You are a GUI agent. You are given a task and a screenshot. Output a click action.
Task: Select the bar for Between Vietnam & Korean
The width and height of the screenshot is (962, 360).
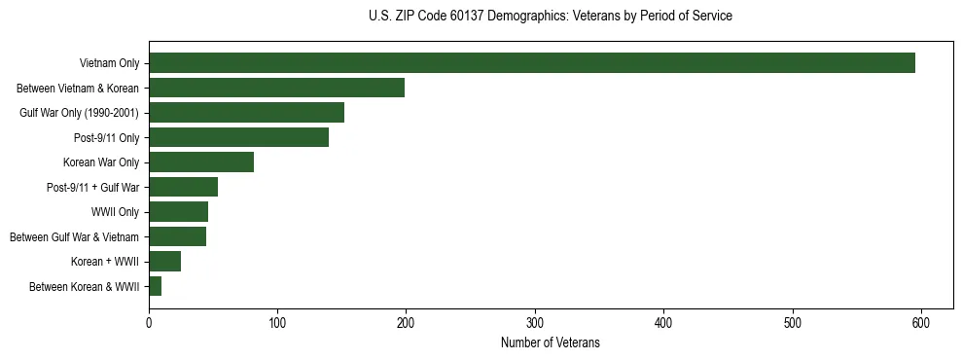277,88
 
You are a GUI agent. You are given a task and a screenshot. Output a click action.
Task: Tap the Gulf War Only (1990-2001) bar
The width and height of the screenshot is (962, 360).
247,113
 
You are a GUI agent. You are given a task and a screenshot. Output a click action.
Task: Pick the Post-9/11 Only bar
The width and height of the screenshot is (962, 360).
239,137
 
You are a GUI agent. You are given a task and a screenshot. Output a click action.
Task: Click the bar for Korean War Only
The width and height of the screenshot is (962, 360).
201,162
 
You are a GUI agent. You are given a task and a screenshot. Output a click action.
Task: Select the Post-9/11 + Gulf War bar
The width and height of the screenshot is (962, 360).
184,187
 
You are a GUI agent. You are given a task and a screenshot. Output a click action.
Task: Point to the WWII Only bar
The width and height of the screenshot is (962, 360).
179,212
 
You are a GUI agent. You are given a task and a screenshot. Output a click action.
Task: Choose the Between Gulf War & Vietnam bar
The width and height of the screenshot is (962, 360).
178,236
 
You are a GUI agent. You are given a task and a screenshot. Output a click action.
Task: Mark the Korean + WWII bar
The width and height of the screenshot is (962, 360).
165,261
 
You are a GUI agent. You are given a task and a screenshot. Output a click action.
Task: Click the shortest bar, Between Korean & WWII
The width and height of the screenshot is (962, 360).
156,286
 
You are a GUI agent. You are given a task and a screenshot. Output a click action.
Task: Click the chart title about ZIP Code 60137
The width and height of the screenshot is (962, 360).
551,17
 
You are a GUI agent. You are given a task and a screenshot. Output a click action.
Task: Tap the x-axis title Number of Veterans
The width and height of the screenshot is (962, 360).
551,342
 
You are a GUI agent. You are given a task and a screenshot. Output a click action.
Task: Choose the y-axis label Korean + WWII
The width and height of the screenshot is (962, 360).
105,262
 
